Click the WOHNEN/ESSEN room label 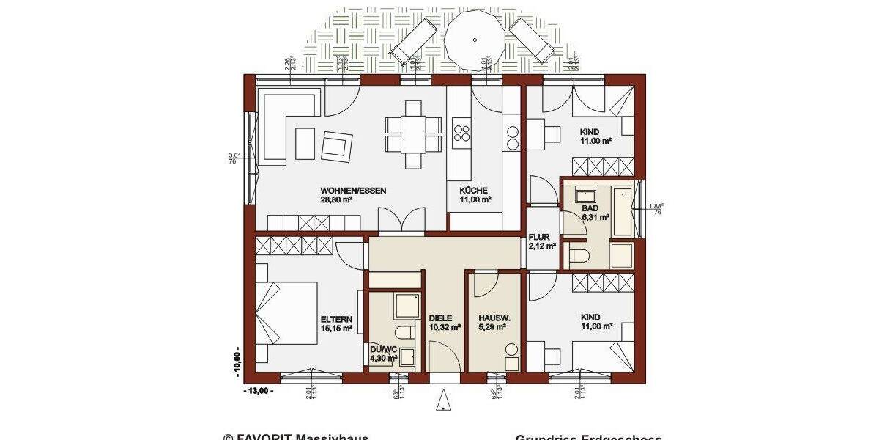(x=353, y=190)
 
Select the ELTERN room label (x=336, y=319)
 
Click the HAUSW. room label (x=492, y=319)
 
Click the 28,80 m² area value (x=337, y=199)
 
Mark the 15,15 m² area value (x=336, y=329)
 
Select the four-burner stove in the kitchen (x=462, y=133)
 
